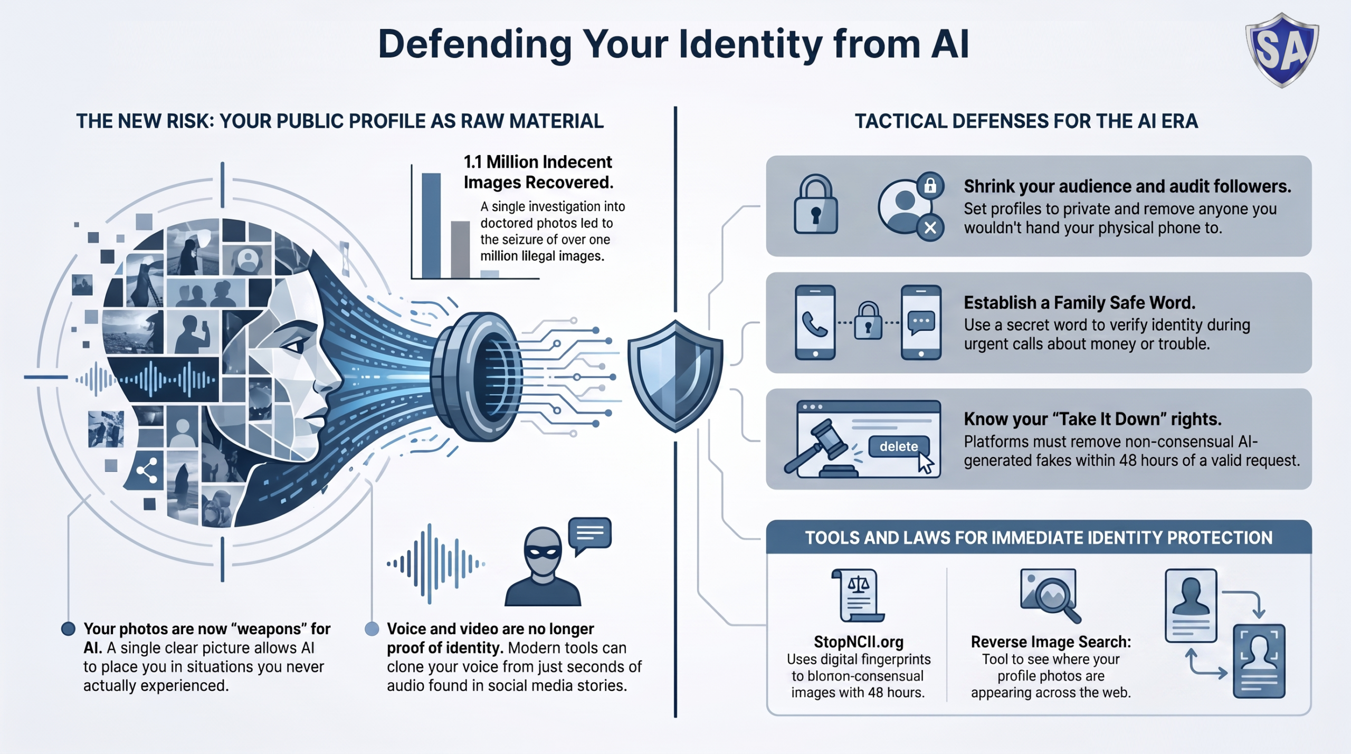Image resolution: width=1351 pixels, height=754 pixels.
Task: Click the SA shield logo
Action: click(x=1282, y=50)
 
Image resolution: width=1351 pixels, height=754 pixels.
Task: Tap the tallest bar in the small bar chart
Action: click(x=431, y=225)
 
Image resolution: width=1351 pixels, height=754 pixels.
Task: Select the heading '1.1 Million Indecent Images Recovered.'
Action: click(x=538, y=172)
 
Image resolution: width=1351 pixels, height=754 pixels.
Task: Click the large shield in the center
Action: click(x=675, y=375)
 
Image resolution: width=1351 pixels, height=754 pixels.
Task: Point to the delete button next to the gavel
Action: click(x=899, y=446)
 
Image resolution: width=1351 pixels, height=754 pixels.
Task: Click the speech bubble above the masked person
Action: click(x=589, y=535)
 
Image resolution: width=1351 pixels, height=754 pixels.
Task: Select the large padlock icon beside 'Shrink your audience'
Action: click(x=815, y=204)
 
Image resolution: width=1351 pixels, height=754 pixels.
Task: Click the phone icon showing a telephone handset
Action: click(x=815, y=322)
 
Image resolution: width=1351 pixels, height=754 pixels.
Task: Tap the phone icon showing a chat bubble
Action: click(x=921, y=322)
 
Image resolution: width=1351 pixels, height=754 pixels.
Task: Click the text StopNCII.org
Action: click(x=859, y=642)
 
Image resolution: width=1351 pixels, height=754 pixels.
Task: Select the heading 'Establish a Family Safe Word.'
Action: click(x=1080, y=303)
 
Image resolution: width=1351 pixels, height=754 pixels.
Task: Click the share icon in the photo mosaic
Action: click(x=147, y=470)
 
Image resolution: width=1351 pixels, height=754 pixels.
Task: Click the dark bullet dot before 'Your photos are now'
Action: click(x=68, y=628)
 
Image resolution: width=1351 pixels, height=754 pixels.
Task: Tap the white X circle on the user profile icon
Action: click(x=930, y=228)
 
